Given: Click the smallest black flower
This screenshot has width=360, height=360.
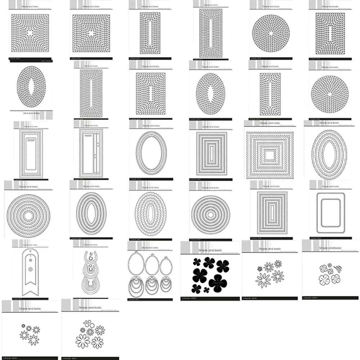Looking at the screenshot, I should pyautogui.click(x=206, y=289).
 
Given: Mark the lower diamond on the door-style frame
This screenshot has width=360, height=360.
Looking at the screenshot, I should pyautogui.click(x=95, y=157).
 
